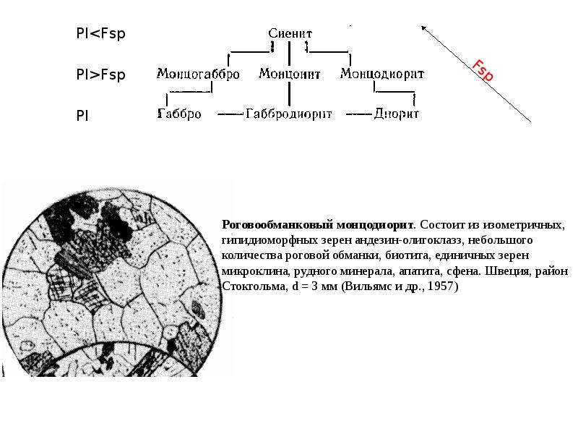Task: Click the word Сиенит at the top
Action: coord(290,33)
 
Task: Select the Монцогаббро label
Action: coord(198,74)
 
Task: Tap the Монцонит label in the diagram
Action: coord(290,74)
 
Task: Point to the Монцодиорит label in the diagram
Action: coord(382,74)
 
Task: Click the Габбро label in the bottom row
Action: coord(179,114)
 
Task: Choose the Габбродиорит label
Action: coord(288,114)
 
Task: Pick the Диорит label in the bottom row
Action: coord(396,114)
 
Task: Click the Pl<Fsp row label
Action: coord(100,33)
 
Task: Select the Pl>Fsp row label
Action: coord(100,75)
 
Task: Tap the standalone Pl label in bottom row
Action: coord(82,116)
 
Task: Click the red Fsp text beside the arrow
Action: coord(483,70)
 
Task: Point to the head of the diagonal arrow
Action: coord(423,27)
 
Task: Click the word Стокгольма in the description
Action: coord(254,286)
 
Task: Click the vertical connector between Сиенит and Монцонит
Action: coord(290,54)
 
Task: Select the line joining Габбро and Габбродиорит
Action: coord(230,114)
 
